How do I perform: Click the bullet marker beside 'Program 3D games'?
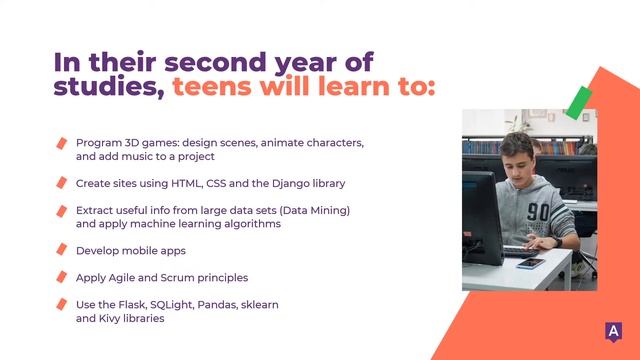coord(61,143)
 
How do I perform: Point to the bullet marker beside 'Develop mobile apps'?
coord(61,250)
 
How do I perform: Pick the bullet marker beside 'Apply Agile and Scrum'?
coord(61,277)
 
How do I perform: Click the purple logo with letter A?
coord(611,332)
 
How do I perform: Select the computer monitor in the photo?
coord(481,215)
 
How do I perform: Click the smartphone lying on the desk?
coord(531,263)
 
